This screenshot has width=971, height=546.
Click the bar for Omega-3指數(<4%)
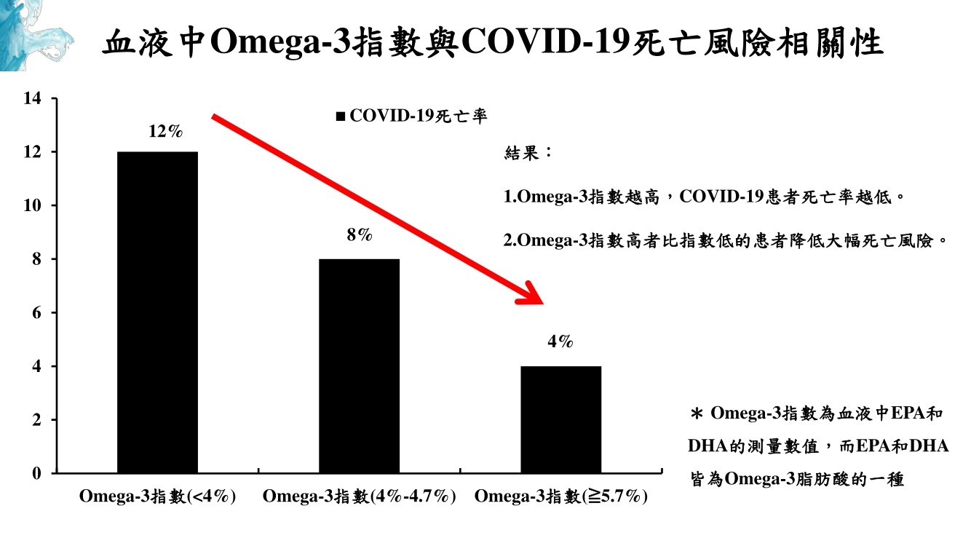(158, 312)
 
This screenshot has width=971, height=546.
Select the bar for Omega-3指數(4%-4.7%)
(360, 366)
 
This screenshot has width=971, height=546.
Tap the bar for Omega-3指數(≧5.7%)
(561, 419)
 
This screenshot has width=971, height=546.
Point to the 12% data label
(165, 132)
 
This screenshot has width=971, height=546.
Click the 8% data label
(360, 235)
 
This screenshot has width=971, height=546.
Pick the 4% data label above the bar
(560, 342)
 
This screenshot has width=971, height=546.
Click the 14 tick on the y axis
(31, 98)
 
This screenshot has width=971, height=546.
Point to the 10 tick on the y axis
(31, 205)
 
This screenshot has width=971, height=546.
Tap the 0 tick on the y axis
(36, 473)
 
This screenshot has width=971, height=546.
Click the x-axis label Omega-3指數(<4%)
(158, 497)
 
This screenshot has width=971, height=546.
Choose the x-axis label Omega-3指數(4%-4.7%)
(359, 497)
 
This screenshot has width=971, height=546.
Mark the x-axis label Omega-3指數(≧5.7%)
(560, 497)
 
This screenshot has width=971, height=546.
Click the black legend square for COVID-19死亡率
(341, 116)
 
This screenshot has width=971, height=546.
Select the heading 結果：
(528, 153)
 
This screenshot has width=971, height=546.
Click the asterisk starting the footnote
(696, 414)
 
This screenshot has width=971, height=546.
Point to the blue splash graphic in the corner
(33, 33)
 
